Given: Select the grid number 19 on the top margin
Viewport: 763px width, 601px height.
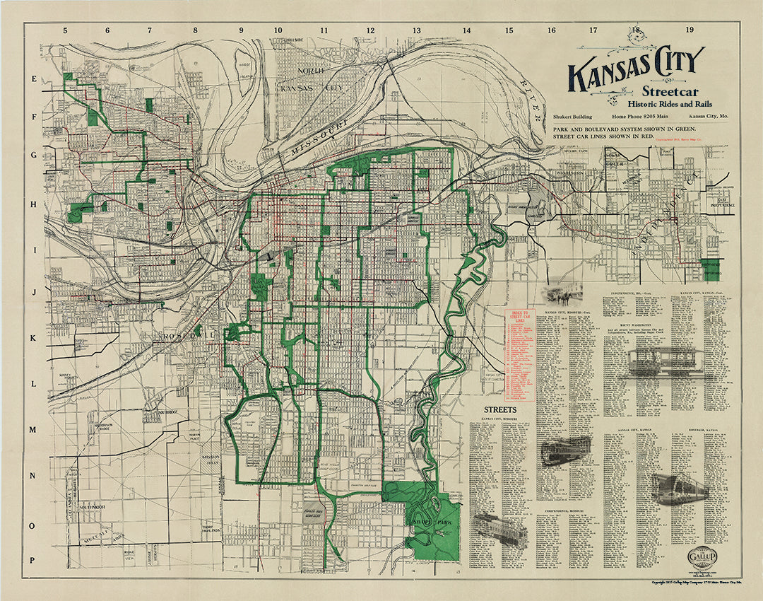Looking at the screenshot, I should [x=690, y=30].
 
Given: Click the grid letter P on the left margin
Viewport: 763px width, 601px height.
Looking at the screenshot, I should [x=32, y=560].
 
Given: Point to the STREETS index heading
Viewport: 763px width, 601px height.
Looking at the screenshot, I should [x=499, y=409].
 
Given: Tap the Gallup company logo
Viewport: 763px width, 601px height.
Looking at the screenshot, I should [x=704, y=555].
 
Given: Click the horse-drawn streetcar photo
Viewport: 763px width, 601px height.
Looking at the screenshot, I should [x=559, y=294].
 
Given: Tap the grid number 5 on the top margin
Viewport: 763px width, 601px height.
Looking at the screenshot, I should [x=65, y=30].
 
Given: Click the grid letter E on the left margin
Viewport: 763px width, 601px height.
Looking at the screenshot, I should [x=32, y=80].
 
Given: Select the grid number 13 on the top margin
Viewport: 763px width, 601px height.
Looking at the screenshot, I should [x=417, y=30].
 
